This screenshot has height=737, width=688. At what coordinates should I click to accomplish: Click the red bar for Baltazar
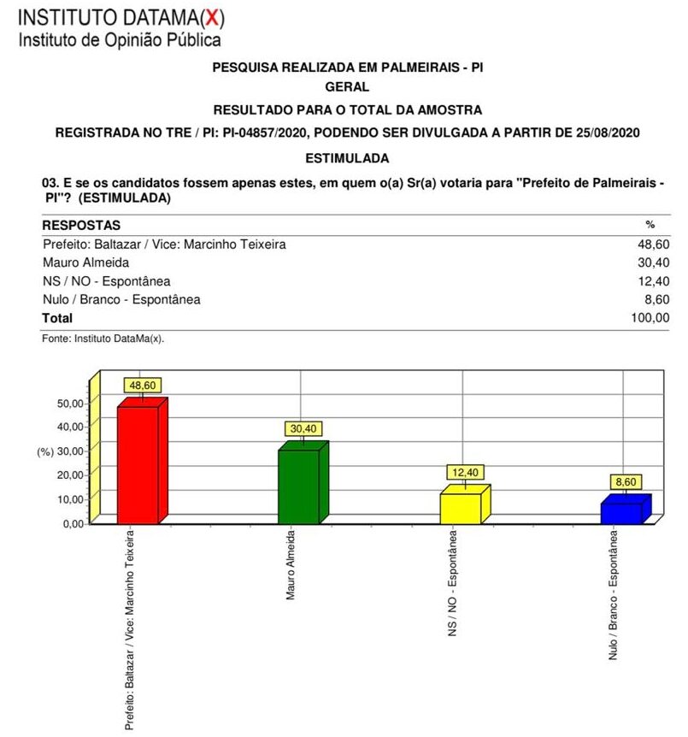138,463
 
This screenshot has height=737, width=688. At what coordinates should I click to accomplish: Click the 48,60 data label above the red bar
142,386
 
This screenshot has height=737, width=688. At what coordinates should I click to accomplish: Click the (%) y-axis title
45,451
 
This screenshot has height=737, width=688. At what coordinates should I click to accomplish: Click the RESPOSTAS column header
81,225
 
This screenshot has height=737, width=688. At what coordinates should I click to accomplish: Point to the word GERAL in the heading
347,86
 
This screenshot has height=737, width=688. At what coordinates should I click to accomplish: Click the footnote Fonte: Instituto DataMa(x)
103,339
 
